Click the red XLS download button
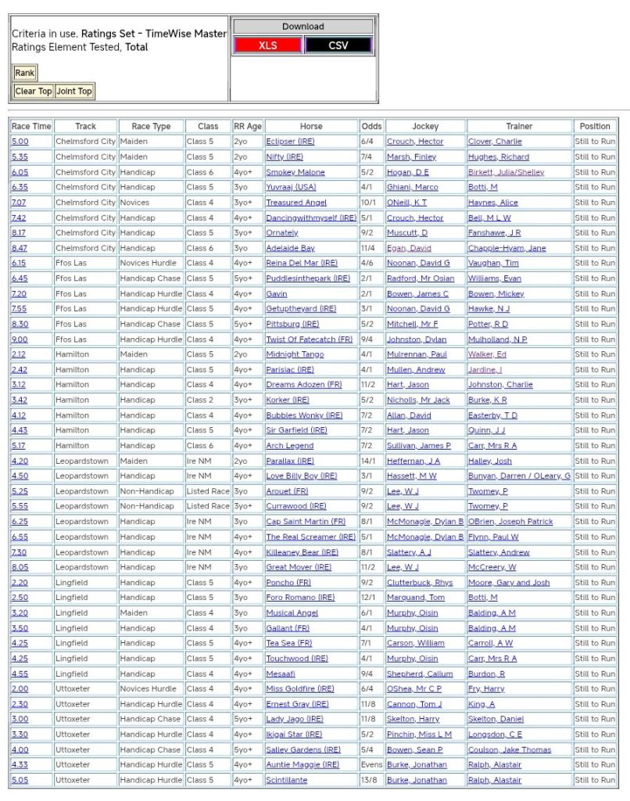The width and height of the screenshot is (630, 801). coord(267,45)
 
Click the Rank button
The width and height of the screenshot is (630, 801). coord(24,73)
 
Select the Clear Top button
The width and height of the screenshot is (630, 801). coord(34,92)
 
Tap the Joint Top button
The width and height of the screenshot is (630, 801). coord(74,92)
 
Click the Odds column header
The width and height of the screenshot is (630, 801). coord(371,126)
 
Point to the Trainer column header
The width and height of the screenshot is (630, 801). coord(519,126)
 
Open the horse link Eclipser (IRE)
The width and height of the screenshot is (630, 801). coord(290,142)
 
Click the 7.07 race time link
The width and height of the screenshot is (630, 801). coord(19,203)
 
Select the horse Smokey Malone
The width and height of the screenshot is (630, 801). coord(295,172)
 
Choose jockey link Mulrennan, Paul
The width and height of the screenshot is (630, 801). coord(417,354)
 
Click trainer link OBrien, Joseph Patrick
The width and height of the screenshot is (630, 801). coord(510,522)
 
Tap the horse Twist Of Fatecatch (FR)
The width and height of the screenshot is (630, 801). coord(309,339)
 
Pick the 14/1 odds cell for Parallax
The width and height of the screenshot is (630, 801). coord(371,462)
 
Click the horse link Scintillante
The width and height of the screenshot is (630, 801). coord(286,780)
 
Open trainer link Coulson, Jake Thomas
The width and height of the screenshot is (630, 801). coord(509,749)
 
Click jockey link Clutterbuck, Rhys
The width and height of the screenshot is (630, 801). coord(419,583)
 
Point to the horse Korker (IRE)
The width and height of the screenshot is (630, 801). coord(287,400)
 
